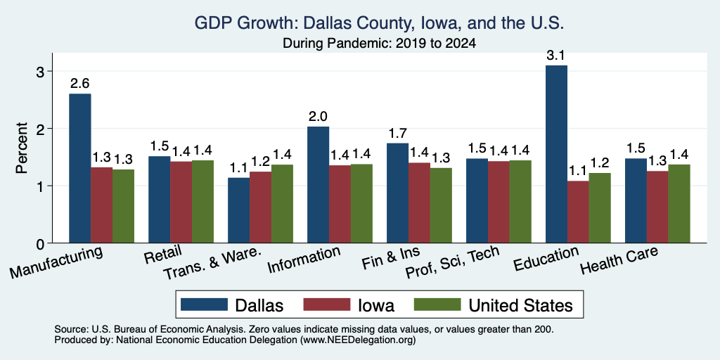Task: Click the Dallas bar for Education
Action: point(556,154)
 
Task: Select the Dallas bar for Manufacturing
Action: point(80,169)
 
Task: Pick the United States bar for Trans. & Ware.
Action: point(282,204)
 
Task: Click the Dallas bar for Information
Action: point(319,185)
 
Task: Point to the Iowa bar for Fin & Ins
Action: point(419,202)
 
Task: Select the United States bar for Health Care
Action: point(679,204)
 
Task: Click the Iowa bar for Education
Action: point(578,212)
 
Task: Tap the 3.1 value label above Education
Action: point(555,56)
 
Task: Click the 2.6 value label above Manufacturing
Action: point(80,84)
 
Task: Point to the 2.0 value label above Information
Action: point(319,117)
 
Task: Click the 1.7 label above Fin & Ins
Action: point(398,134)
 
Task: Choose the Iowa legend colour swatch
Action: point(326,304)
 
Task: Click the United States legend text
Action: point(521,305)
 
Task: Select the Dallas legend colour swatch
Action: point(204,304)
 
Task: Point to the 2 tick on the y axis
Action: point(44,129)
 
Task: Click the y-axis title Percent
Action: point(22,148)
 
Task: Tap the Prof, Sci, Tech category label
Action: point(452,262)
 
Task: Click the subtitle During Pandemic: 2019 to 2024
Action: point(379,44)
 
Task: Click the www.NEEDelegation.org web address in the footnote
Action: point(358,340)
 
